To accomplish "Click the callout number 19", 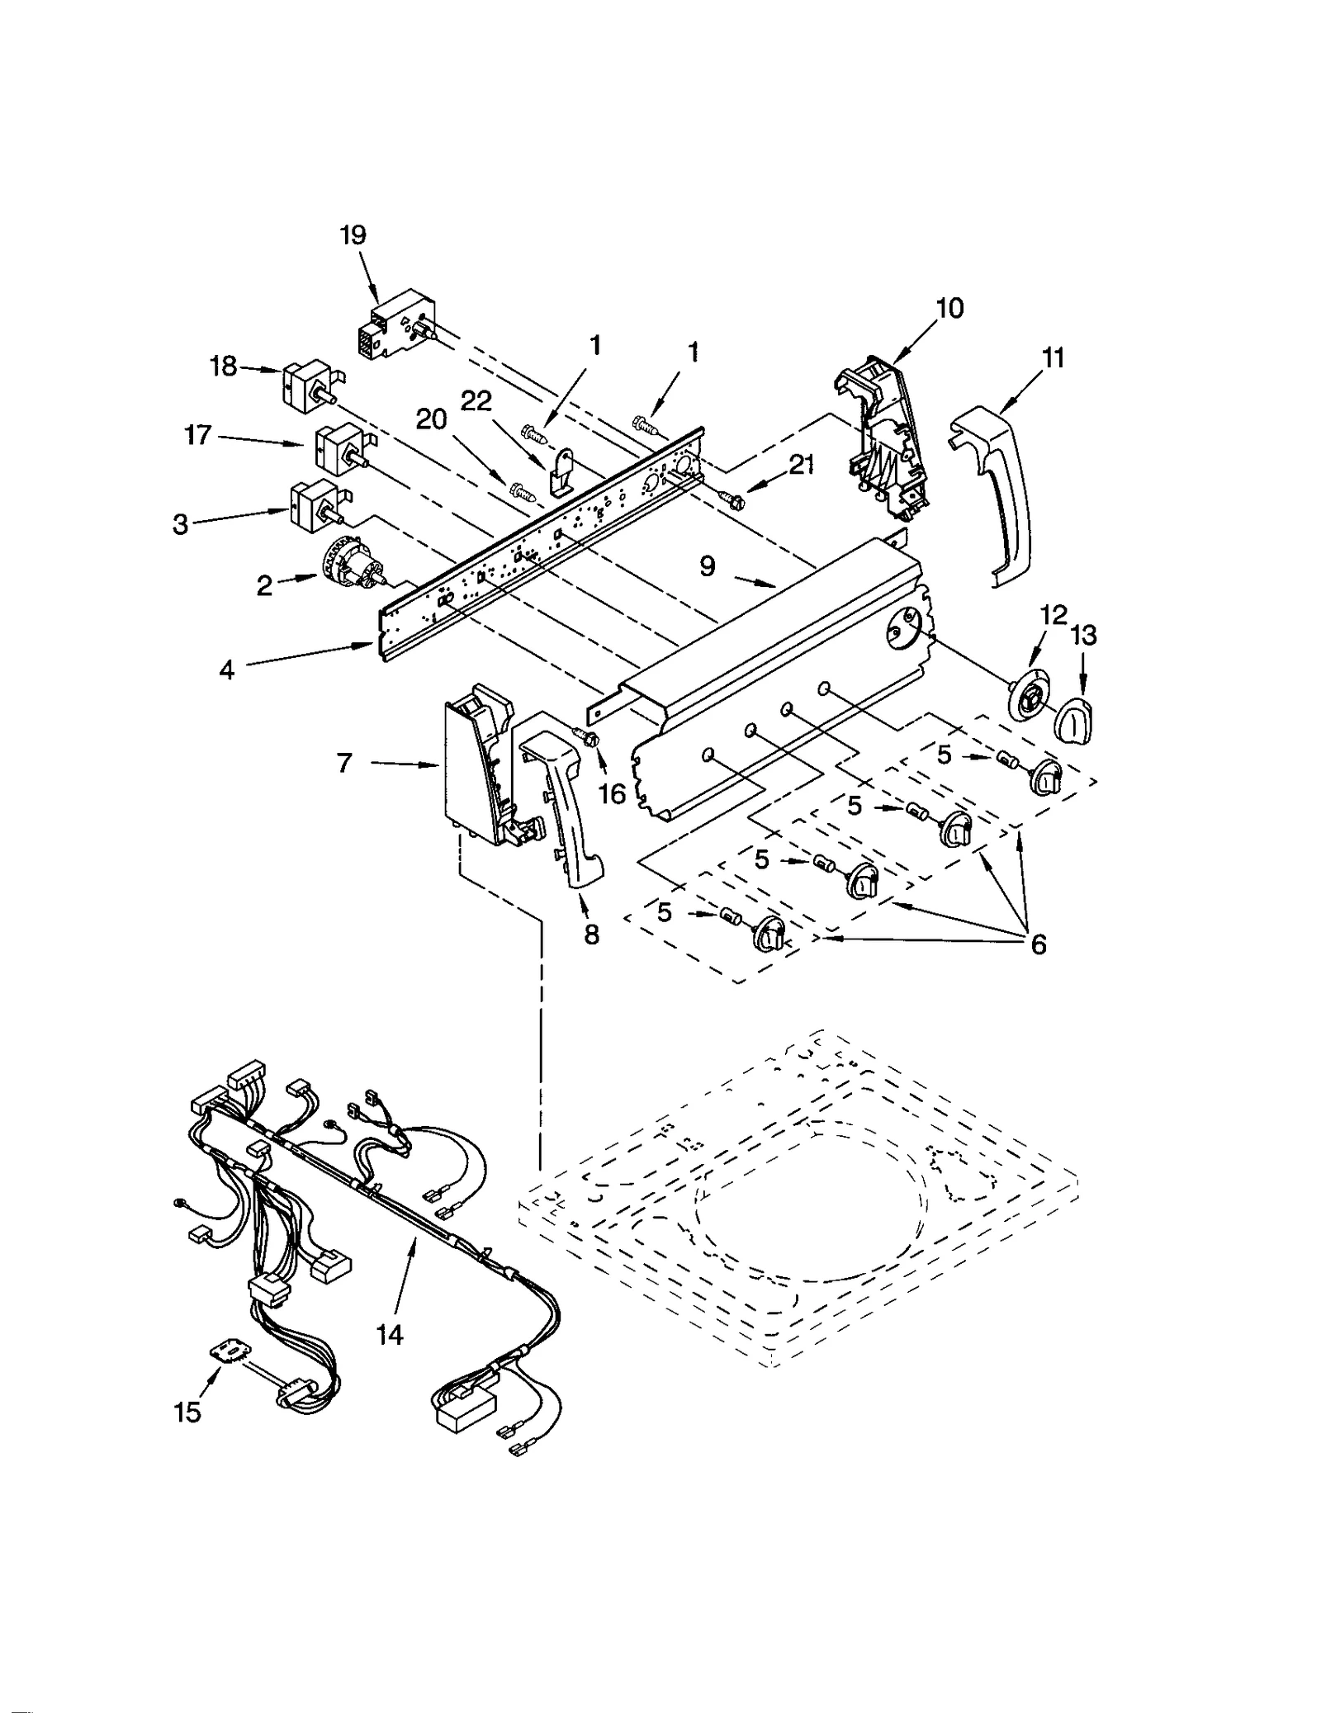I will (x=353, y=235).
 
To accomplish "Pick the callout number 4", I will (x=226, y=670).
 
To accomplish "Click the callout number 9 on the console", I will (x=708, y=567).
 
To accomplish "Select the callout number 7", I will (x=345, y=763).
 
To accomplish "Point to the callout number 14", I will (x=390, y=1334).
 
